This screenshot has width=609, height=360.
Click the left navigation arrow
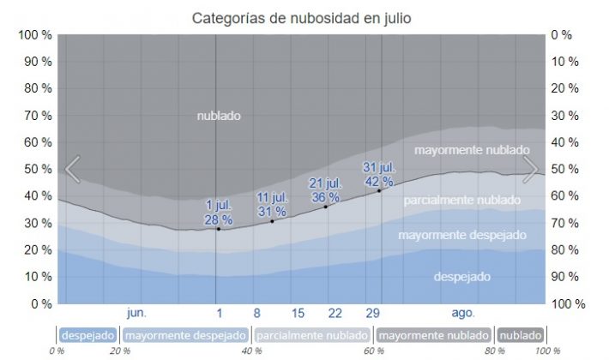click(73, 170)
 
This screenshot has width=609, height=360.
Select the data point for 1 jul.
click(219, 229)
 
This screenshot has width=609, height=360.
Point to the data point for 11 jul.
click(272, 221)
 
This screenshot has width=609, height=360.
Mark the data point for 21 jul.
click(326, 207)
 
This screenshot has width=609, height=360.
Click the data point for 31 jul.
click(379, 190)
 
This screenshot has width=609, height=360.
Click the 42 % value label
click(378, 181)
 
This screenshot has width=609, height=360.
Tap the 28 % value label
click(219, 219)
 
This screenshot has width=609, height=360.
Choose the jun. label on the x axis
click(136, 313)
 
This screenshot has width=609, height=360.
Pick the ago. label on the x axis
click(463, 313)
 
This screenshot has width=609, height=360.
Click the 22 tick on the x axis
click(335, 313)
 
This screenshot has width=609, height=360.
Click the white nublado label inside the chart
click(219, 116)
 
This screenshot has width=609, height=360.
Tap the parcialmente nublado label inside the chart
click(462, 201)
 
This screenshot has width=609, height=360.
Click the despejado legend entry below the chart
click(89, 334)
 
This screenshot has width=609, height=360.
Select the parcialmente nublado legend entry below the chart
click(312, 334)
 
